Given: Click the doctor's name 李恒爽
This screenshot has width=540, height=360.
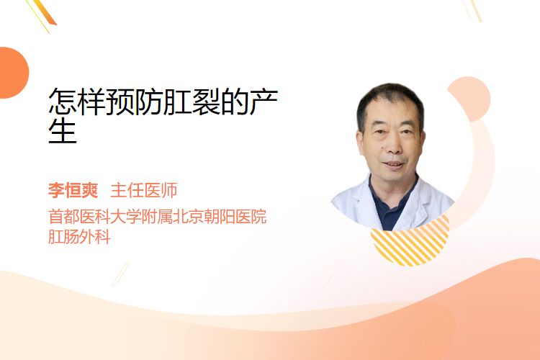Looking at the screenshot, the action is pyautogui.click(x=73, y=190).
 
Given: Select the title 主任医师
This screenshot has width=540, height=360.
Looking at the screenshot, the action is pyautogui.click(x=144, y=190).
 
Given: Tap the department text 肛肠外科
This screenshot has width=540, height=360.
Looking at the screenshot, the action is pyautogui.click(x=79, y=237).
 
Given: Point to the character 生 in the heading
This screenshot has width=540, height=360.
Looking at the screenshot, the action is pyautogui.click(x=63, y=130).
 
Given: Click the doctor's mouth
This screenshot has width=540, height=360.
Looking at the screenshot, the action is pyautogui.click(x=394, y=164).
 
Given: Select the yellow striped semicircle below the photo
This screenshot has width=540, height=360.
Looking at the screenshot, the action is pyautogui.click(x=410, y=241).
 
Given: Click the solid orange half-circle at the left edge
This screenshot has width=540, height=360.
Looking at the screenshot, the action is pyautogui.click(x=13, y=73).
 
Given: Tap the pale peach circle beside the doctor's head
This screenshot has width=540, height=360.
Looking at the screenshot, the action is pyautogui.click(x=471, y=99).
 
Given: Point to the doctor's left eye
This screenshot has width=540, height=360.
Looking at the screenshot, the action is pyautogui.click(x=406, y=131).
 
